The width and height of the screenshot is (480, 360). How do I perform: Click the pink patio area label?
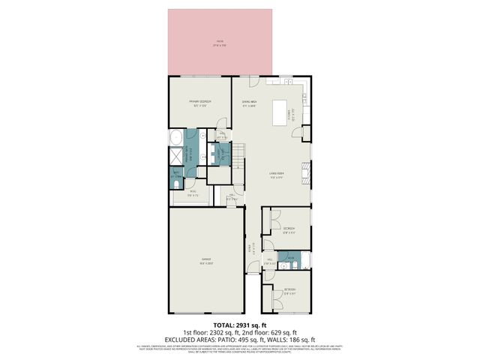220,43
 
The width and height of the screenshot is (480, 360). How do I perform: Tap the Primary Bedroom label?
199,103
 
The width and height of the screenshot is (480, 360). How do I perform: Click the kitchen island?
283,112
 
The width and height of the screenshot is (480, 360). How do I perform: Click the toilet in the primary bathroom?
175,181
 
